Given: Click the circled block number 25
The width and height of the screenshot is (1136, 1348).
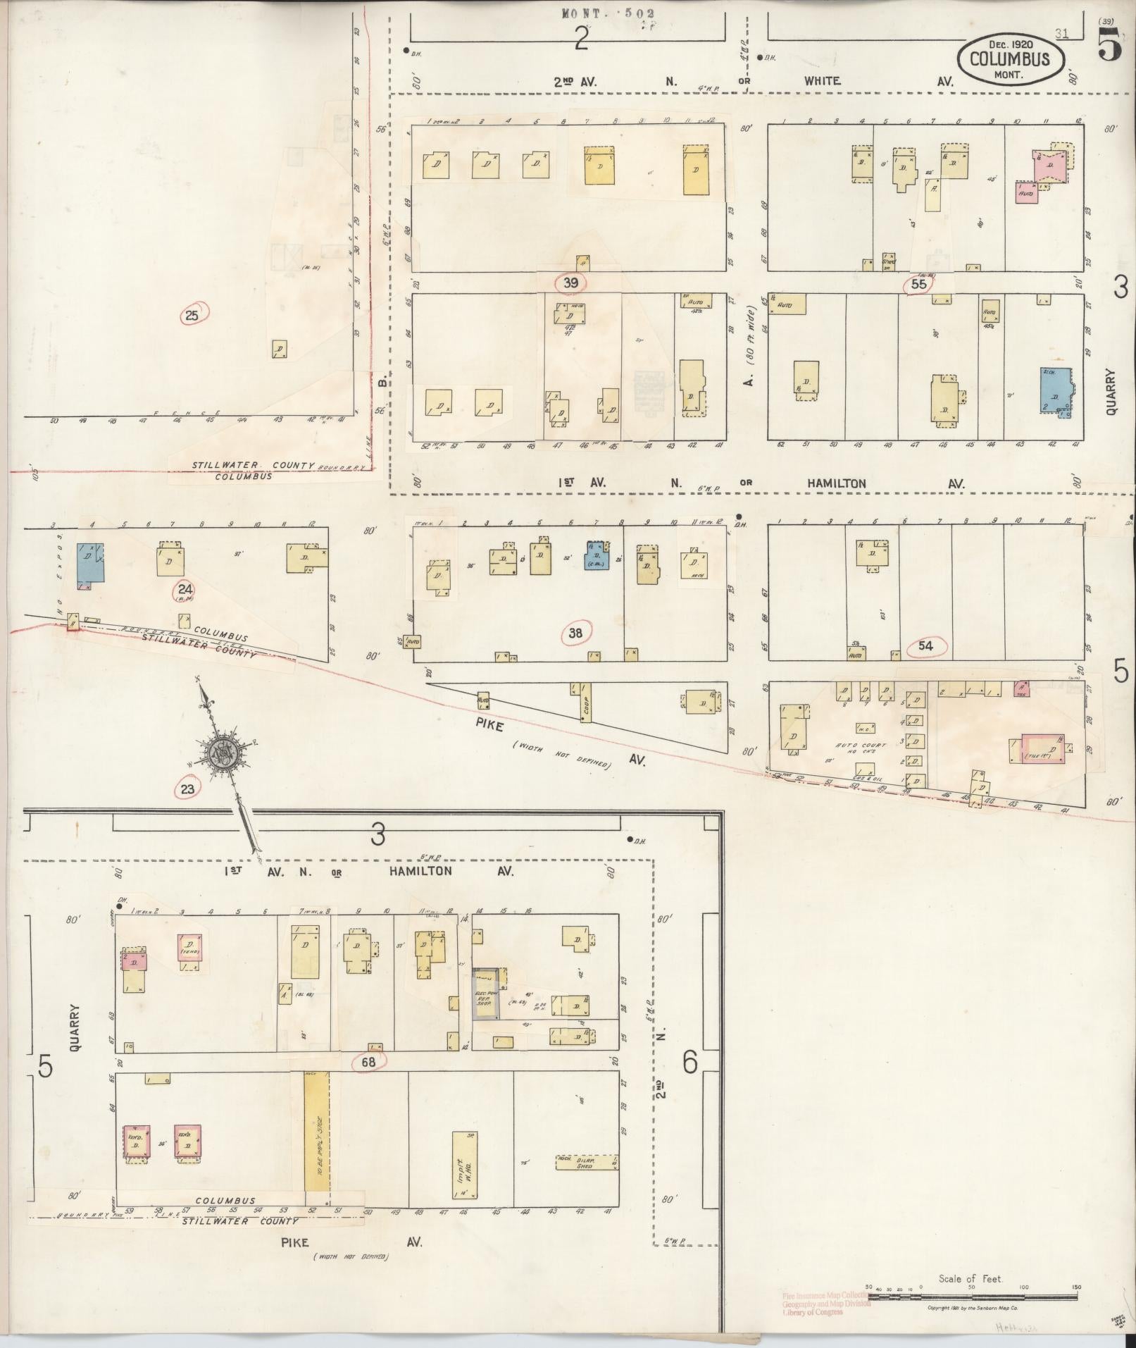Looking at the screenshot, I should (192, 316).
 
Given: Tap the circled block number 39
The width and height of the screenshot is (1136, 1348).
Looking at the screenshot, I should (570, 283).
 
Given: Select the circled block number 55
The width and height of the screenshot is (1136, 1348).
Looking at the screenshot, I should (918, 284).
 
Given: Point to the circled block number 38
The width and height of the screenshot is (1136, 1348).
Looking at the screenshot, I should (576, 633).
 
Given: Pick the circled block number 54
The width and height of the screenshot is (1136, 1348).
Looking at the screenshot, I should (925, 645).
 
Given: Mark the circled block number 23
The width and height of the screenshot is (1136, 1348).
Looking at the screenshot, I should (187, 789).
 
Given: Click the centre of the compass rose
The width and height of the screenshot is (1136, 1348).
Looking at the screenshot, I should (225, 754).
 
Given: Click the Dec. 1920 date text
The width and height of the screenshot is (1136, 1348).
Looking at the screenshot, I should (1009, 44).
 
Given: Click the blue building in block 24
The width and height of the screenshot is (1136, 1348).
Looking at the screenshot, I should (90, 562).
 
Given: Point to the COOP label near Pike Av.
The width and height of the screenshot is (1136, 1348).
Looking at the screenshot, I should (586, 705).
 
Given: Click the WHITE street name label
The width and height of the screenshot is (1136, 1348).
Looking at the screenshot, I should (822, 81).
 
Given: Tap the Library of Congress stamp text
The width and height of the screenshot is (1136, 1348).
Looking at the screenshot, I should (825, 1312).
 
